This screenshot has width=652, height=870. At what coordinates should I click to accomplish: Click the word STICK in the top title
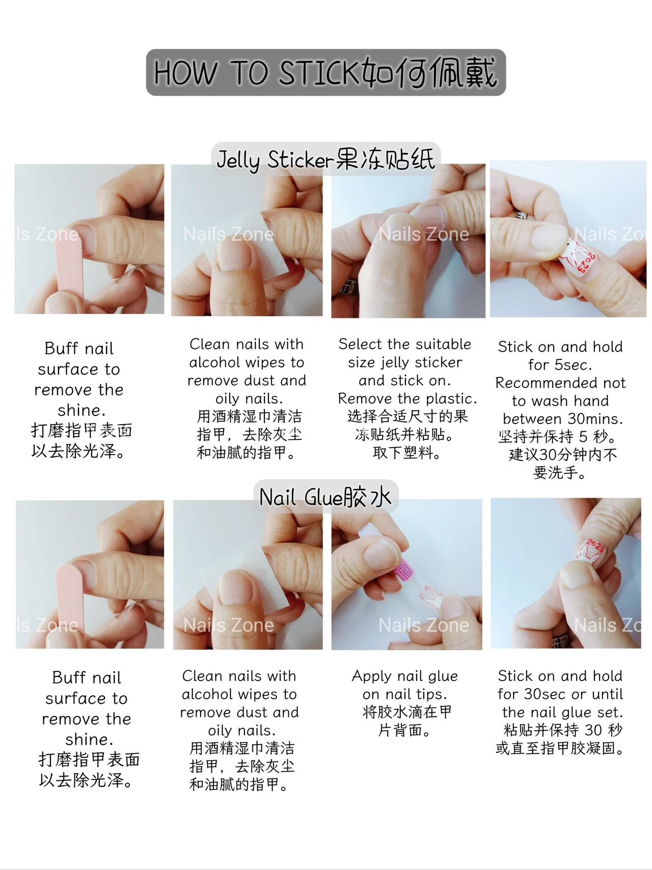[319, 72]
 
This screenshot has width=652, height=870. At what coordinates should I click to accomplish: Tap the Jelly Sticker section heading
[325, 160]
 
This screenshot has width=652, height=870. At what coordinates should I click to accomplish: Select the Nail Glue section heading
[325, 497]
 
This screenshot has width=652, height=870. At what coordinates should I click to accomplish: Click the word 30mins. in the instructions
[595, 419]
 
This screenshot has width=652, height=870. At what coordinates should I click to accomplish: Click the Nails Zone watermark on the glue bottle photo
[423, 625]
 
